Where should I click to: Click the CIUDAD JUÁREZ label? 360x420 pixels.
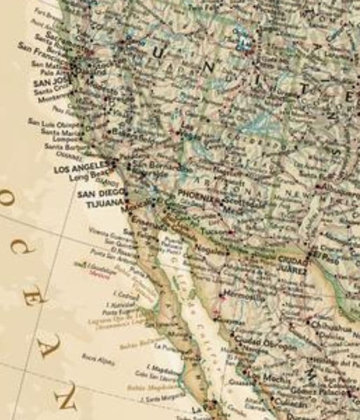pos(292,265)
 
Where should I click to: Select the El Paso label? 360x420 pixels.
pos(326,254)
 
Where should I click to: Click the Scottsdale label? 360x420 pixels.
pos(244,204)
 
